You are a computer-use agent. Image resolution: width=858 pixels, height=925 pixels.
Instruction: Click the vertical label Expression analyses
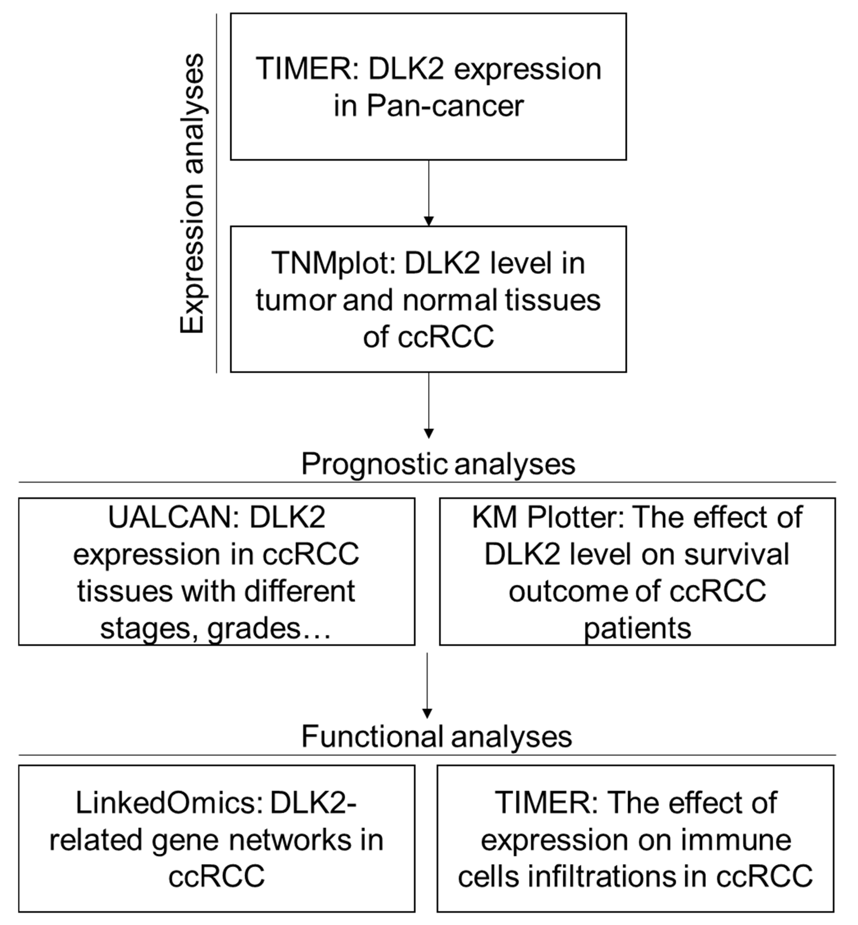point(192,194)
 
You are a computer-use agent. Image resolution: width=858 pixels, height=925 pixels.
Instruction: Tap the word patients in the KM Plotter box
point(637,628)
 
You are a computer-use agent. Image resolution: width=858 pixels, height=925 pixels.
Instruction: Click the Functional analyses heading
point(436,736)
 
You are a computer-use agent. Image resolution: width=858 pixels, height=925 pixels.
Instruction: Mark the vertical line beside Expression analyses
point(216,194)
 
